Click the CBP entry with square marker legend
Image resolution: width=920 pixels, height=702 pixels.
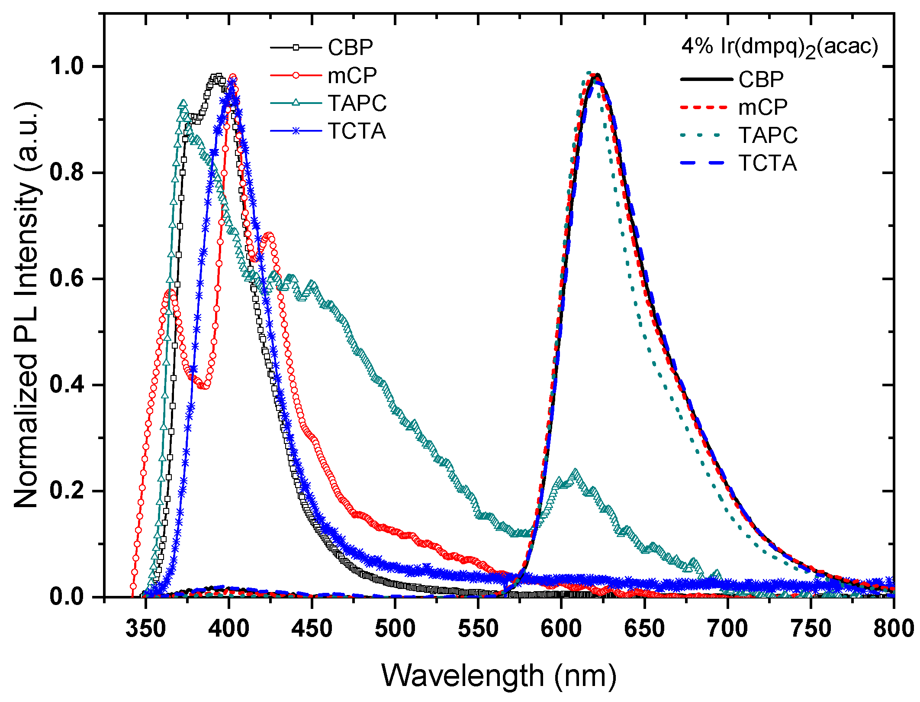[x=322, y=47]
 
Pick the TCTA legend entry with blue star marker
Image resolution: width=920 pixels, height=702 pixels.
[x=328, y=131]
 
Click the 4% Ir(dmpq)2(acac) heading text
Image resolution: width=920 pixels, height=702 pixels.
[x=779, y=47]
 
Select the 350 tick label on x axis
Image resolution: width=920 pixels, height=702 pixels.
[x=145, y=628]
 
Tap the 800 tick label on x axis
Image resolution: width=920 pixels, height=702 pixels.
[x=892, y=628]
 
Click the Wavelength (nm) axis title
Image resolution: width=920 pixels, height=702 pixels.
[x=499, y=676]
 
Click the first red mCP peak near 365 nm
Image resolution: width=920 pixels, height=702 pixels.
[x=170, y=292]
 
